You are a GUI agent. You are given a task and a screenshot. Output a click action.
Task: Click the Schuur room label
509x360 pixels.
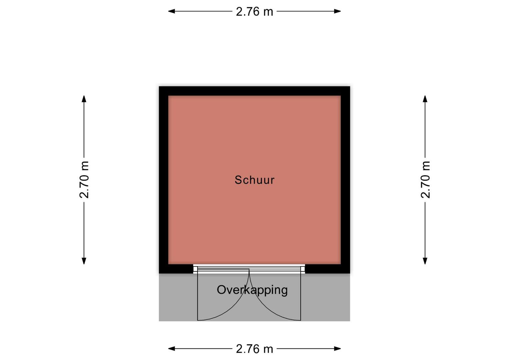(255, 180)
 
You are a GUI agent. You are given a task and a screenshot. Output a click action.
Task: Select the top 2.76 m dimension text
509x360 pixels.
(255, 12)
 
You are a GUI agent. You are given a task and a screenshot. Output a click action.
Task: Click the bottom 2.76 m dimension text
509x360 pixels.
(255, 349)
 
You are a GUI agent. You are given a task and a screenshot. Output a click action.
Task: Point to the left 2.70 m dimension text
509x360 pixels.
(84, 180)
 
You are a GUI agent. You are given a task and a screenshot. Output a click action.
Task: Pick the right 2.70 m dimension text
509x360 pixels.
(425, 180)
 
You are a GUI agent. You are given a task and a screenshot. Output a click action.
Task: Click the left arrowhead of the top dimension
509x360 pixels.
(172, 11)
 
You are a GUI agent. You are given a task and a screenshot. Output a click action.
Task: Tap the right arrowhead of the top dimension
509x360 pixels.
(337, 11)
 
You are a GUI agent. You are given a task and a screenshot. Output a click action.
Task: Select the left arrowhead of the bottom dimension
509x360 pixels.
(172, 349)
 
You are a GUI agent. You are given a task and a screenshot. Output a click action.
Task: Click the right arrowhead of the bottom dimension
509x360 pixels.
(337, 349)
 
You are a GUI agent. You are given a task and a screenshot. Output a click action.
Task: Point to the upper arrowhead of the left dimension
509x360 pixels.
(84, 99)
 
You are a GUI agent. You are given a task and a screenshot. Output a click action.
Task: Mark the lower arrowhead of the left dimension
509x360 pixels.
(84, 261)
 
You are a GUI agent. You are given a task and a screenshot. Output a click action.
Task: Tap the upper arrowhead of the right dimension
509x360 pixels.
(425, 99)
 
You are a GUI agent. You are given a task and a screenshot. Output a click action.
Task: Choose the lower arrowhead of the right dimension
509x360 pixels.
(425, 261)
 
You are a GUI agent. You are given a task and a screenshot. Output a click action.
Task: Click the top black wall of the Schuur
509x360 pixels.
(255, 91)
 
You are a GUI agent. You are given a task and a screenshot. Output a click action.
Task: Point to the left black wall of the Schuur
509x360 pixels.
(164, 180)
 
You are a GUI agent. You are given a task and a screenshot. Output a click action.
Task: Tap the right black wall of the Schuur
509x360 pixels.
(345, 180)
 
